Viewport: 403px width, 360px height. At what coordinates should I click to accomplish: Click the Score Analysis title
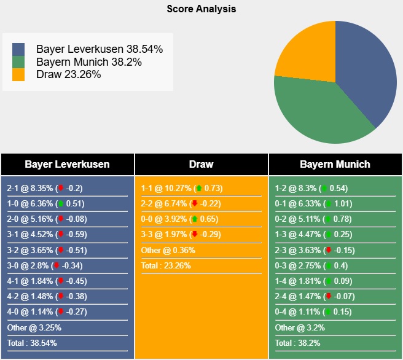[201, 9]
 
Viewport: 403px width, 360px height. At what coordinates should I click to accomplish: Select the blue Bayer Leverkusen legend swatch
[18, 49]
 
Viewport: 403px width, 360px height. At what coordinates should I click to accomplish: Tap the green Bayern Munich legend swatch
[18, 62]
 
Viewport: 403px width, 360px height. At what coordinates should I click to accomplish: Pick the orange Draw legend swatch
[18, 74]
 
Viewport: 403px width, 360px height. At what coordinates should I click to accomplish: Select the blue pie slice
[369, 74]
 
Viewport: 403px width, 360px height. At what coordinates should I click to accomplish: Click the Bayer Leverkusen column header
[67, 164]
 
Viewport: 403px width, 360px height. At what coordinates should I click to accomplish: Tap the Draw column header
[201, 164]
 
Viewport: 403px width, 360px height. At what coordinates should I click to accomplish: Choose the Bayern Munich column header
[335, 164]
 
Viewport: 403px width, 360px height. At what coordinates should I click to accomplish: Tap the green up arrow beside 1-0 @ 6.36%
[61, 203]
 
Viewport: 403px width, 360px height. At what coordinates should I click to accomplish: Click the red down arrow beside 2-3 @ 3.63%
[329, 250]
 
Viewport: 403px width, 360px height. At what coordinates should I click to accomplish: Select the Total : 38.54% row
[33, 343]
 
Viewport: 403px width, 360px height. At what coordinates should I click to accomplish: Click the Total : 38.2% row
[299, 343]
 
